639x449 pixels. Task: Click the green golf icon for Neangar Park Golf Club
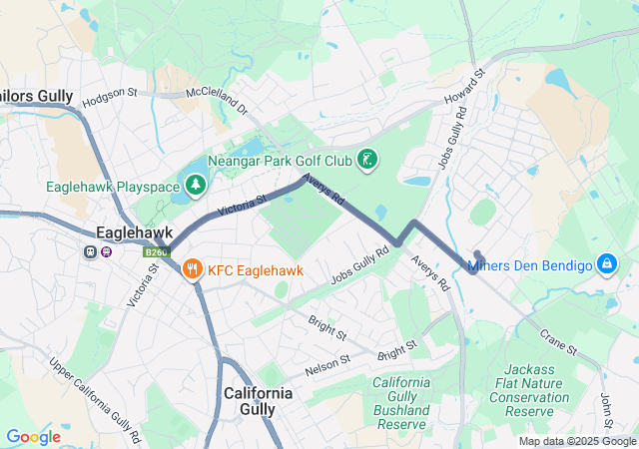pyautogui.click(x=368, y=160)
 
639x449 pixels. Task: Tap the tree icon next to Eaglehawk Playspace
pyautogui.click(x=197, y=186)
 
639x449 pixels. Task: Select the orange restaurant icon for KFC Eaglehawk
pyautogui.click(x=193, y=268)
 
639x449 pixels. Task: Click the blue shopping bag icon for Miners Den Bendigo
pyautogui.click(x=605, y=264)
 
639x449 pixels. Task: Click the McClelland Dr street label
pyautogui.click(x=216, y=101)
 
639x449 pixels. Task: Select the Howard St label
pyautogui.click(x=476, y=86)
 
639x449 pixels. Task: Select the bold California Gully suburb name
pyautogui.click(x=259, y=400)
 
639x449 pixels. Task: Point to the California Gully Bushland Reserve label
pyautogui.click(x=401, y=404)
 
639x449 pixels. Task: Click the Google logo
pyautogui.click(x=33, y=437)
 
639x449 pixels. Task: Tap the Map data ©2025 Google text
pyautogui.click(x=576, y=441)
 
